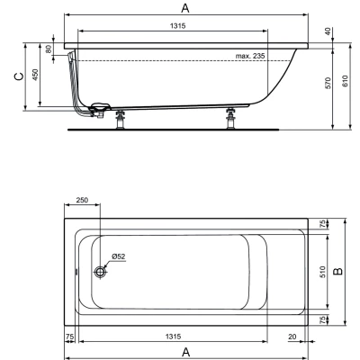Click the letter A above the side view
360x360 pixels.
(185, 7)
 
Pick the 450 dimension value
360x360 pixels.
(35, 76)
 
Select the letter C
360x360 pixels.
(16, 76)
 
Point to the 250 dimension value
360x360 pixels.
(82, 200)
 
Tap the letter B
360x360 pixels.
(336, 270)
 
